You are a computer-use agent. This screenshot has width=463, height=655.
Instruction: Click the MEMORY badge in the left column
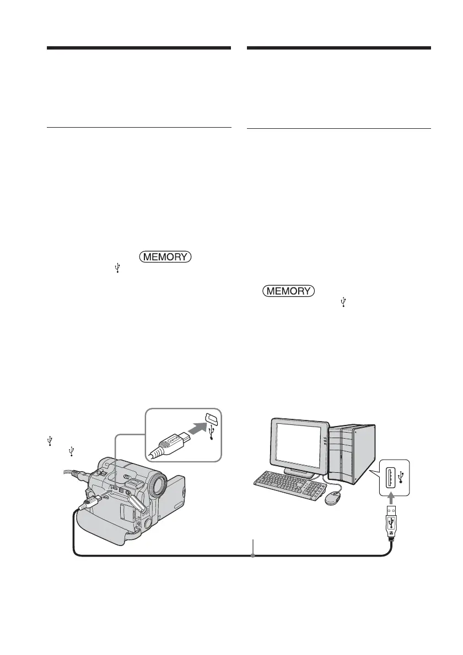click(166, 256)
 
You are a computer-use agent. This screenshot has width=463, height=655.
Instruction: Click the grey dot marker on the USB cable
click(253, 556)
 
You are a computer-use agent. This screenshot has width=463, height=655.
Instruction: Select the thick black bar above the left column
click(138, 48)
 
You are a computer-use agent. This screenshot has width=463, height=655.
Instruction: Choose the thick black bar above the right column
click(338, 48)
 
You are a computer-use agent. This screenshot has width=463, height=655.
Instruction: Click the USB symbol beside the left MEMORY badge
click(117, 268)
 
